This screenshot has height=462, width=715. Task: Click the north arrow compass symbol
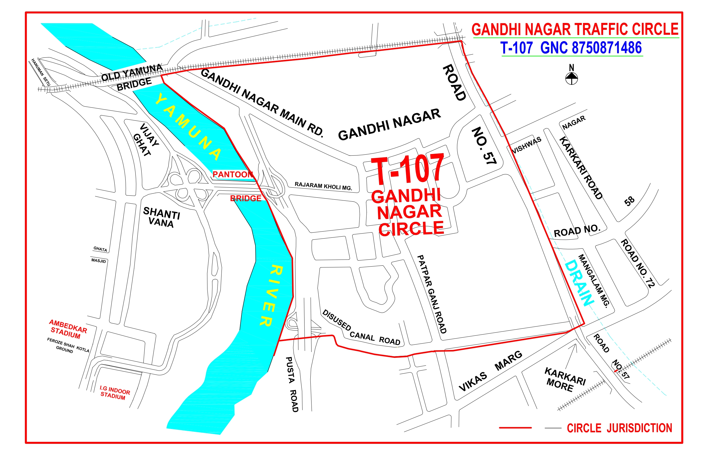coord(571,78)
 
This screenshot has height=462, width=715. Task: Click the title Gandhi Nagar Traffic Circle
coord(575,29)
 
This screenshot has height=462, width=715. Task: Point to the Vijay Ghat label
coord(146,139)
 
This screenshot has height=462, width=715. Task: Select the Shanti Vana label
coord(161,217)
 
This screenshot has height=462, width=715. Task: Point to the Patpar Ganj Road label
coord(432,294)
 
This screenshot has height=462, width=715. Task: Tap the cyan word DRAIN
coord(579,283)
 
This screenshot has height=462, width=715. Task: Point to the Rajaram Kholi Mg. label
coord(323,186)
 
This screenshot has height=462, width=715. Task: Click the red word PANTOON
coord(232,174)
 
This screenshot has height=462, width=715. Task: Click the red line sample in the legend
coord(515,428)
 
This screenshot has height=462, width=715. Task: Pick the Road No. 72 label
coord(638,263)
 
